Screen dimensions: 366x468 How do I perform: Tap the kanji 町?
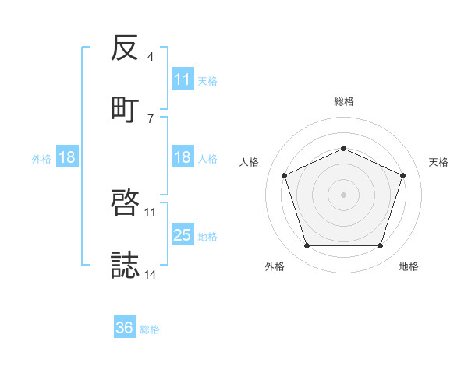click(x=126, y=109)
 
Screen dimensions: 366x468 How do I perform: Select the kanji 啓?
click(x=126, y=204)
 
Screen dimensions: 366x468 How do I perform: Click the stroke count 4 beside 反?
click(x=151, y=58)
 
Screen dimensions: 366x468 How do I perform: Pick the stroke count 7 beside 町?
click(x=151, y=118)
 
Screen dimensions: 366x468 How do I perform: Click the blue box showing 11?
click(x=183, y=79)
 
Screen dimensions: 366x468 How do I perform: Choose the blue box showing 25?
click(x=183, y=235)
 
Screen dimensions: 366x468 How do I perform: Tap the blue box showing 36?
click(x=125, y=328)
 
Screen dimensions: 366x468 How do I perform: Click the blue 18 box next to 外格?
click(x=67, y=158)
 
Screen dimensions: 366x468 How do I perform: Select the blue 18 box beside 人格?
click(x=183, y=158)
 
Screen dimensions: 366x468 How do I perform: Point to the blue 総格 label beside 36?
click(x=150, y=329)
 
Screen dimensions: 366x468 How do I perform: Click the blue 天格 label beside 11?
click(x=207, y=80)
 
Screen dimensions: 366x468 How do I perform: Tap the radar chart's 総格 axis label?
click(x=343, y=101)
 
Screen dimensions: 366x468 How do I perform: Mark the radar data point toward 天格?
click(x=403, y=175)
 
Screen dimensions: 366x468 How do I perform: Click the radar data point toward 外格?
click(x=307, y=246)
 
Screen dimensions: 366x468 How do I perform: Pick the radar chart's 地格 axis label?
click(x=409, y=267)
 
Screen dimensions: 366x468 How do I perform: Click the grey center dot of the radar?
click(x=343, y=195)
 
